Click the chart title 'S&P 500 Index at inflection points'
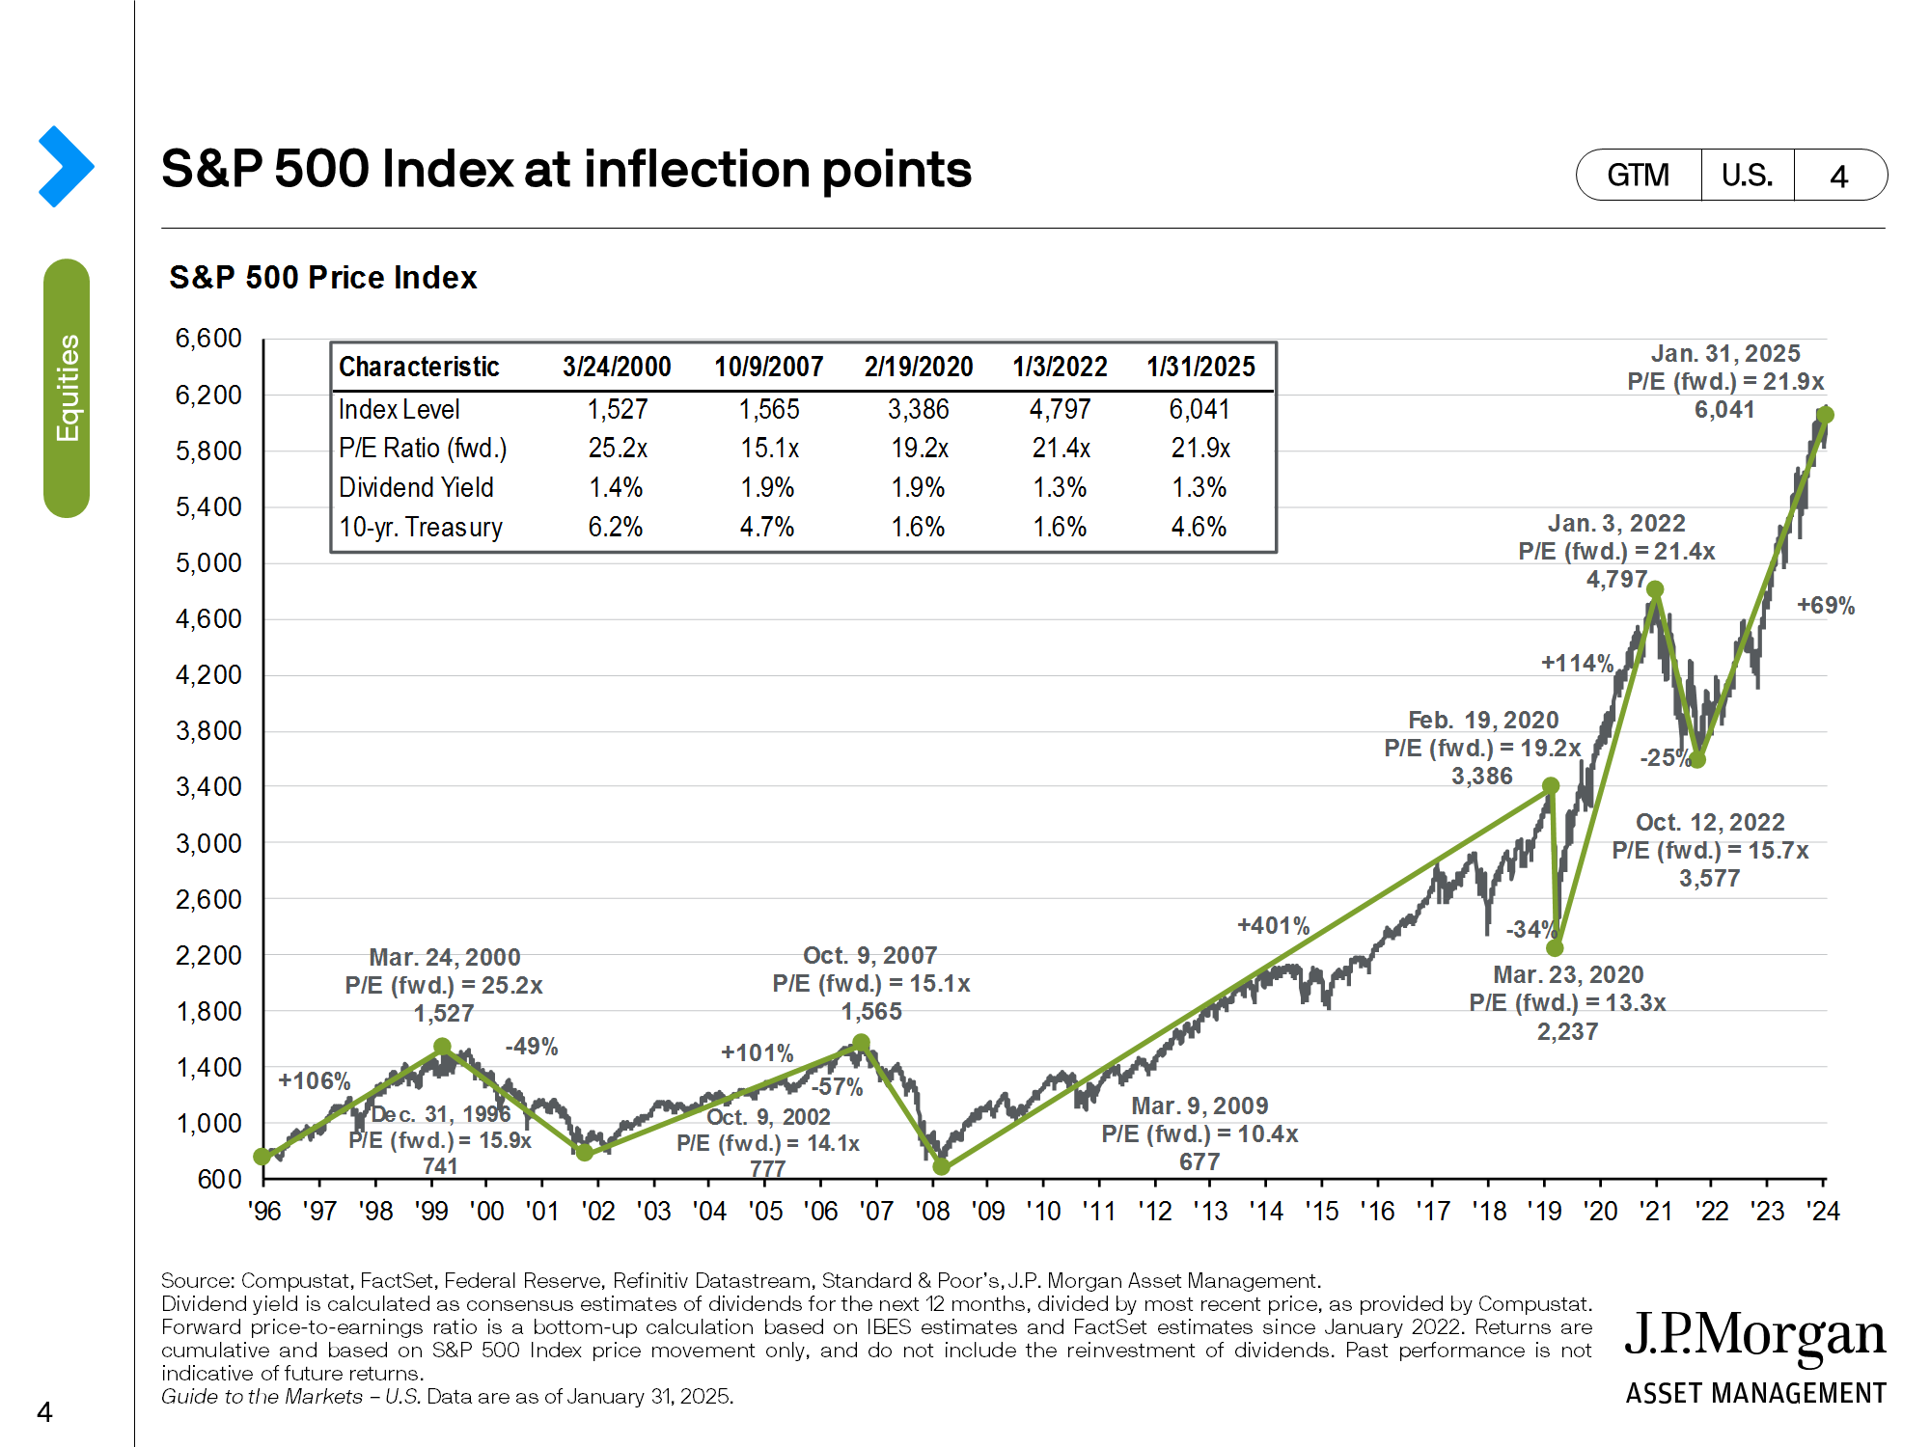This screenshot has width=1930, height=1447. (x=566, y=170)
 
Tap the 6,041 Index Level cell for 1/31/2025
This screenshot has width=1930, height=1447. (x=1199, y=409)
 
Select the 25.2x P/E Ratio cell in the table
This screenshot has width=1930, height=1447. (x=618, y=449)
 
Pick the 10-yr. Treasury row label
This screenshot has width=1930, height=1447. (x=421, y=528)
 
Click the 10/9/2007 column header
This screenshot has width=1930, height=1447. (x=768, y=368)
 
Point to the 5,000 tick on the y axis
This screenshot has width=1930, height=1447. (x=208, y=562)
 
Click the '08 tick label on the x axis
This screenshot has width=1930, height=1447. (x=932, y=1212)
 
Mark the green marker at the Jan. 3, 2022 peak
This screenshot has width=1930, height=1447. (x=1655, y=589)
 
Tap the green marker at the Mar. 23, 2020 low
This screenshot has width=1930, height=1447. (x=1555, y=948)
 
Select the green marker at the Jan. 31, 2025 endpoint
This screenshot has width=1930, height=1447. (x=1825, y=415)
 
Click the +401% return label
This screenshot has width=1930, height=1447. (x=1273, y=926)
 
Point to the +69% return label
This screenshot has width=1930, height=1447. (x=1825, y=606)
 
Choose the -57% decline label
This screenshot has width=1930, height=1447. (x=837, y=1087)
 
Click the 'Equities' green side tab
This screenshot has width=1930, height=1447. (x=67, y=388)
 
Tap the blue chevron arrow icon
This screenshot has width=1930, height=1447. (x=66, y=167)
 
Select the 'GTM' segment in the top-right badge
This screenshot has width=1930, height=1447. (x=1638, y=176)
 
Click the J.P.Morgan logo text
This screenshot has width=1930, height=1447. (x=1754, y=1336)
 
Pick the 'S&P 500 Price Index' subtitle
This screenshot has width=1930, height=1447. (x=322, y=278)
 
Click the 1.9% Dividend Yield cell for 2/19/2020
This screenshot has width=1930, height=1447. (x=918, y=488)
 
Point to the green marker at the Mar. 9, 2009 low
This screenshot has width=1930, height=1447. (x=942, y=1167)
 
